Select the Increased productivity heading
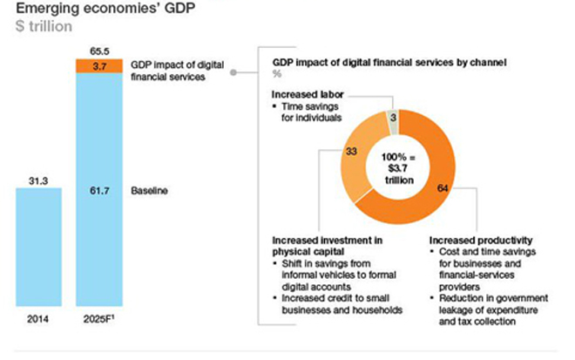pyautogui.click(x=479, y=240)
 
